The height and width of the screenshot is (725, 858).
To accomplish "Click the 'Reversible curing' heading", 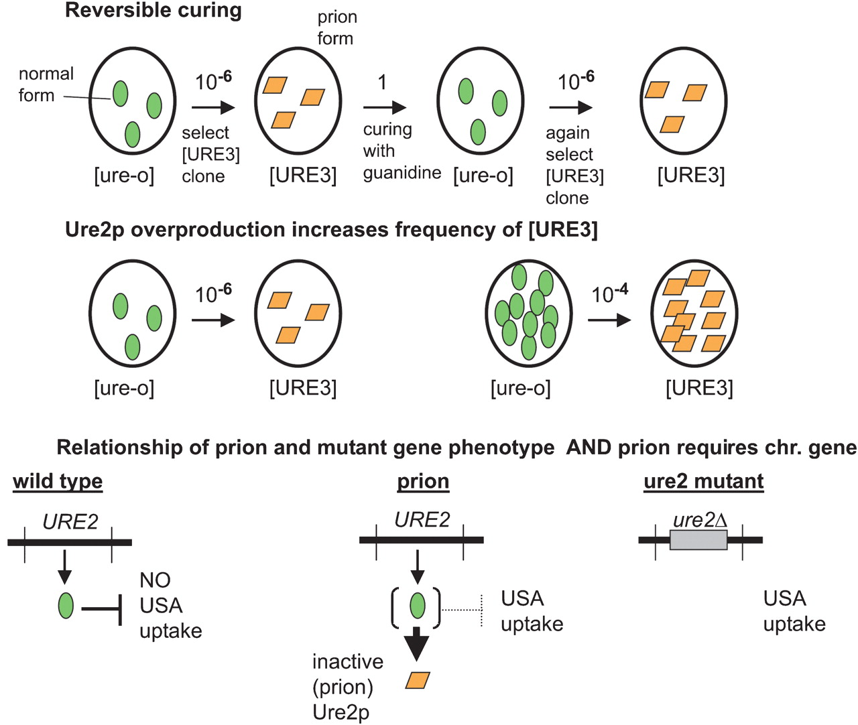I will tap(153, 11).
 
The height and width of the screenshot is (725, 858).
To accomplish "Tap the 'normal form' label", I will tap(46, 84).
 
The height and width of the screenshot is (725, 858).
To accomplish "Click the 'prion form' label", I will tap(336, 27).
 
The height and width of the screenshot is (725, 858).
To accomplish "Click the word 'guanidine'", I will tap(402, 173).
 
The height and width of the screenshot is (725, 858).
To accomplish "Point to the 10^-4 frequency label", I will tap(609, 293).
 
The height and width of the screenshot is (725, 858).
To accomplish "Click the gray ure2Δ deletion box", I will tap(698, 539).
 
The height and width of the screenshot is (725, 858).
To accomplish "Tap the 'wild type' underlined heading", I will tap(58, 481).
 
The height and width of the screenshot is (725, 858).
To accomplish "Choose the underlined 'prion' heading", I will tap(423, 481).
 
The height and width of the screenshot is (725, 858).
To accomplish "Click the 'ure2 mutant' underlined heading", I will tap(703, 481).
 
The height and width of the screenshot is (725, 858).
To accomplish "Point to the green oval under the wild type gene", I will tap(66, 606).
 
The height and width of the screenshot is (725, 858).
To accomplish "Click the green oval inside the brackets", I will tap(417, 606).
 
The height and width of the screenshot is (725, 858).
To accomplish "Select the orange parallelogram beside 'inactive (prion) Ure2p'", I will tap(418, 680).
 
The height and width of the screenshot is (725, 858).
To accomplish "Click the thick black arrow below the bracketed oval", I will tap(417, 645).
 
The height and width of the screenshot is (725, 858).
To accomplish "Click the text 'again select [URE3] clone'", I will tap(574, 166).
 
